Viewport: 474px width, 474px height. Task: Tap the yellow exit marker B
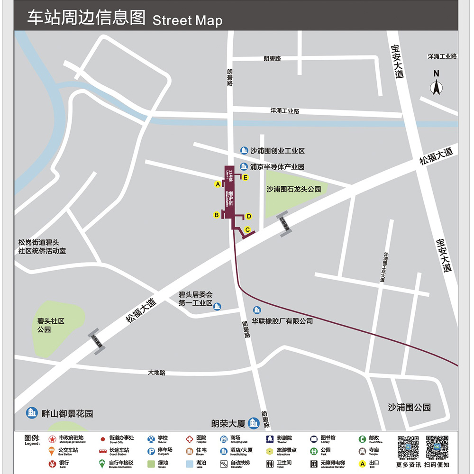point(217,215)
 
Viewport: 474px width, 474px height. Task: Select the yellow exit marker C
point(247,230)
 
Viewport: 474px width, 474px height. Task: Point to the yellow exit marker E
point(245,177)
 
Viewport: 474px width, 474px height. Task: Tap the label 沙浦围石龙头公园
point(294,189)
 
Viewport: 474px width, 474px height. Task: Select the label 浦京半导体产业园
point(277,167)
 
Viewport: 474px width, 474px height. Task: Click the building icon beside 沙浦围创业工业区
point(244,151)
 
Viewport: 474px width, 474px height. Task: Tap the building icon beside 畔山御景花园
point(32,413)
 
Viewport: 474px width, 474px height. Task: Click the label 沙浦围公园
point(409,407)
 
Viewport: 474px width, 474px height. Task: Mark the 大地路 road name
point(156,373)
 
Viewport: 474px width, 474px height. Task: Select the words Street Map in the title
point(187,20)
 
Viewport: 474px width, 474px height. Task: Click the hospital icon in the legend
point(189,439)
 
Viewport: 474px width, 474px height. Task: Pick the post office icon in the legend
point(362,439)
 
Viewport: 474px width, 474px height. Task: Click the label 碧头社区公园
point(51,325)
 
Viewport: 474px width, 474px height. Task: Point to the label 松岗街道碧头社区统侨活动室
point(42,246)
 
